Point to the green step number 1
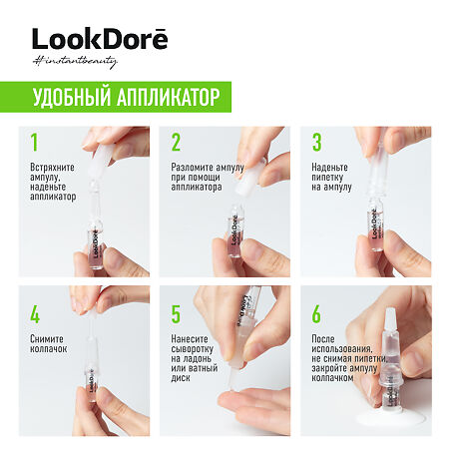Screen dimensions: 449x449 (34, 142)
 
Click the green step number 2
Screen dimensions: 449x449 (176, 142)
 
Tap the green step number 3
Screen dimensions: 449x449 (317, 142)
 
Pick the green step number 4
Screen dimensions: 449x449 (35, 315)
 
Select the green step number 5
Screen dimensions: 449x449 (176, 315)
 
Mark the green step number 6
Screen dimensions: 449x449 (317, 315)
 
